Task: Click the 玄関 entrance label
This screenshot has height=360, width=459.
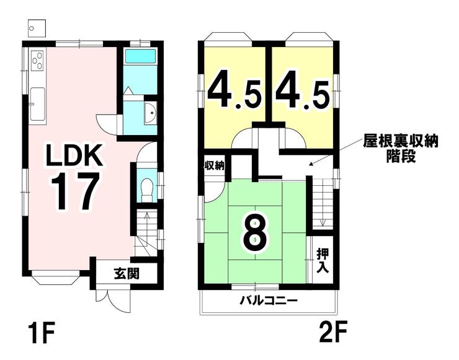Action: coord(127,274)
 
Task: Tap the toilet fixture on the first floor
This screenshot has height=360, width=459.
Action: coord(146,189)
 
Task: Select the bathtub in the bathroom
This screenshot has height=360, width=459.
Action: coord(140,56)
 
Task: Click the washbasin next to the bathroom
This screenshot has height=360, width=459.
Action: coord(151,113)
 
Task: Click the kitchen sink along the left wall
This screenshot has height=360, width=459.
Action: coord(37,104)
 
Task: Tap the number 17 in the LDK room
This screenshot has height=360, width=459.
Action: coord(74,191)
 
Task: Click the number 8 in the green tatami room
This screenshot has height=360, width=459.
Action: coord(255,235)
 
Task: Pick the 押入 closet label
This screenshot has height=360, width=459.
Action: coord(323,261)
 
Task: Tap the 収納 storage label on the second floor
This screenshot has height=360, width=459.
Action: coord(214,166)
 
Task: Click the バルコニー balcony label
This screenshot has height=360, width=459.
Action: coord(269,301)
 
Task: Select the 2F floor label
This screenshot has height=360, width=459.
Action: coord(333,332)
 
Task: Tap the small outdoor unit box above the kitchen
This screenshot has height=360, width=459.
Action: coord(37,28)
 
